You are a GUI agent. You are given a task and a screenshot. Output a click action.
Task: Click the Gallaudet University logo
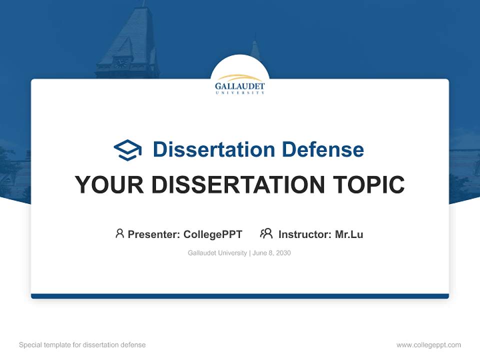click(240, 84)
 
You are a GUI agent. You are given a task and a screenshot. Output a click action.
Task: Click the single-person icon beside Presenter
click(119, 233)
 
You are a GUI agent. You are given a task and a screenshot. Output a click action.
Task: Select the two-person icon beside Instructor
click(266, 233)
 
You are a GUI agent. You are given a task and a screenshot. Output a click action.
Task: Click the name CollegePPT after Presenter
click(213, 234)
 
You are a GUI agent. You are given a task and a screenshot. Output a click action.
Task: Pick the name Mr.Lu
click(349, 234)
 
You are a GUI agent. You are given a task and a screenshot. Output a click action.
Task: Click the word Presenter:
click(154, 234)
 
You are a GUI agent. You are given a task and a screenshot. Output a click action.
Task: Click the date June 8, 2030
click(271, 253)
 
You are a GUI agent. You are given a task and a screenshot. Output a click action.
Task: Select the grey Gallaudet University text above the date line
click(217, 253)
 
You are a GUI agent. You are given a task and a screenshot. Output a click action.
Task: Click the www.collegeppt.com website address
click(428, 345)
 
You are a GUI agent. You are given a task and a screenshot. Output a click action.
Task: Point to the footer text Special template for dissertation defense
click(82, 345)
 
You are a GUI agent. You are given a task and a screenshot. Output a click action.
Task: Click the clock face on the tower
click(120, 63)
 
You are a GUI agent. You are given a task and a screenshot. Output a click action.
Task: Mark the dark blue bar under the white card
click(240, 296)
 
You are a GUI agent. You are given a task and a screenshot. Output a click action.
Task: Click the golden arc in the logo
click(239, 78)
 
